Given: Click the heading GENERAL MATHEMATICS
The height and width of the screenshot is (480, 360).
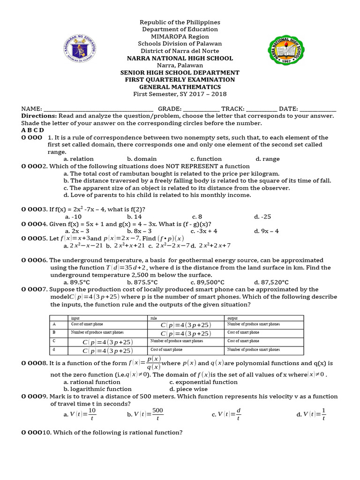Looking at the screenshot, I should (180, 87).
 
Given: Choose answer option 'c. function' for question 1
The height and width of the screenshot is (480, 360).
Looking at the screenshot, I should (206, 159).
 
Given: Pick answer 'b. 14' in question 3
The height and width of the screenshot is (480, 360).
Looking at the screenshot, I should (135, 217).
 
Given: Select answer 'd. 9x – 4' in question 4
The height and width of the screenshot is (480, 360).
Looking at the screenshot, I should (266, 231).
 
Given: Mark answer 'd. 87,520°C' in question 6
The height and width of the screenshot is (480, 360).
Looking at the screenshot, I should (271, 282).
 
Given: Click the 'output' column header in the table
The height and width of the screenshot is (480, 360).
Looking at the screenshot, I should (232, 318).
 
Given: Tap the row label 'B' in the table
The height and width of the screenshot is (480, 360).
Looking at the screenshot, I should (54, 332).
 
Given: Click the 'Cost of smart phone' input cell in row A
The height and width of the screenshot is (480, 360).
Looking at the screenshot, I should (87, 324).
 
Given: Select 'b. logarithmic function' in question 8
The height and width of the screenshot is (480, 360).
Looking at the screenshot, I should (97, 389).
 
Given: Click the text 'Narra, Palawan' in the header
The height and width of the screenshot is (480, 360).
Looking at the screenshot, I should (180, 65).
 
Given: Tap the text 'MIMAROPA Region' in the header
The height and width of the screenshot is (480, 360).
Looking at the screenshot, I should (180, 37).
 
